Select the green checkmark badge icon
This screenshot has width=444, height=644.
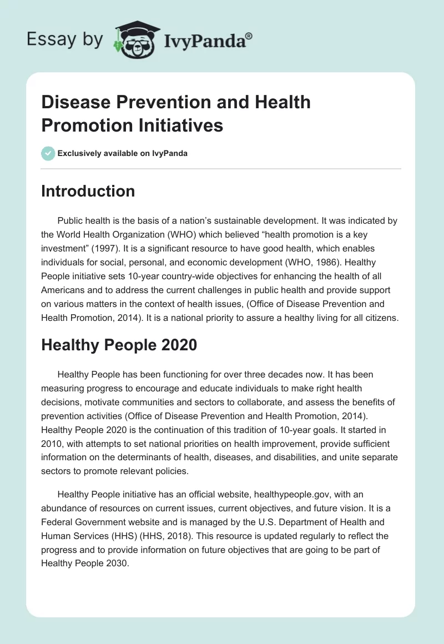coord(48,153)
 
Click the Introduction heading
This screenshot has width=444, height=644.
coord(88,191)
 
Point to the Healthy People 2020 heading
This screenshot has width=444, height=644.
coord(119,345)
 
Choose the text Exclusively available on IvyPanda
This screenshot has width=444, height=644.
coord(123,153)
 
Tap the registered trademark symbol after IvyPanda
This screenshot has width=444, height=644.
coord(249,36)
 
